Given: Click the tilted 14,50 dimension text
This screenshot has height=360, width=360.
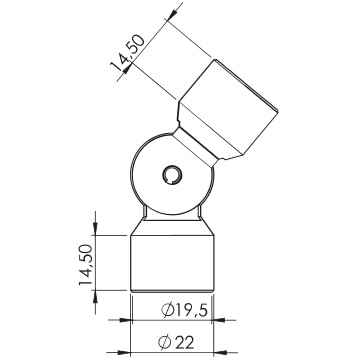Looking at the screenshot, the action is (128, 53).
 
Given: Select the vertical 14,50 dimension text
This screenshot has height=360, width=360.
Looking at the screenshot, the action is (85, 265).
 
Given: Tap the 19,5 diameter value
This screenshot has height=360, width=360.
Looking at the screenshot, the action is (191, 310).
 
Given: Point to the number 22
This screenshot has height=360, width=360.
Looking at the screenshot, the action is (184, 342).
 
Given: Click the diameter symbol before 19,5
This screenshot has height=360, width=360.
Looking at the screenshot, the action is (168, 310).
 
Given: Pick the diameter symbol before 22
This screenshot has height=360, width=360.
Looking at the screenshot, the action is (164, 342).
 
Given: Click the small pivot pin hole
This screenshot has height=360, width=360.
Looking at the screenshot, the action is (172, 175).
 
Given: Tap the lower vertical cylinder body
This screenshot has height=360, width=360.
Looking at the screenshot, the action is (172, 263).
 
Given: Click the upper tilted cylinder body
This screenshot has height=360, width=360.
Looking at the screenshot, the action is (228, 109).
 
